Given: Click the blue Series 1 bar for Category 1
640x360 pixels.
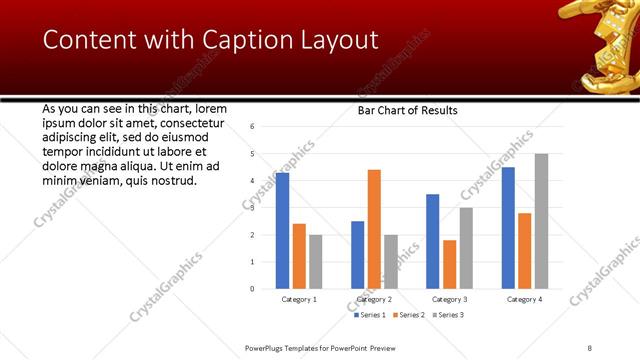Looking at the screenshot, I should click(x=282, y=230).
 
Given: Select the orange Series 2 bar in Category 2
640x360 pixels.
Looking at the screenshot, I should click(x=374, y=229).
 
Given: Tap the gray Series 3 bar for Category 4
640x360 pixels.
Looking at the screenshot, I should click(x=541, y=221).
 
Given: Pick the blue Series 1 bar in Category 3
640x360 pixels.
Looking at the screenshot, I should click(x=433, y=241).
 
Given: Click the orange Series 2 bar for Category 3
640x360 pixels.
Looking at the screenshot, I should click(x=449, y=264).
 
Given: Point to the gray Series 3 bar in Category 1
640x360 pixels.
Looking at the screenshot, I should click(x=315, y=261).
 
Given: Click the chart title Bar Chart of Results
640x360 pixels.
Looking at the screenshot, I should click(x=408, y=110).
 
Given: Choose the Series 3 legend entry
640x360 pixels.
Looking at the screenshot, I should click(x=447, y=315).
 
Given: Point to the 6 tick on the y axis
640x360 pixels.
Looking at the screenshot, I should click(x=252, y=126).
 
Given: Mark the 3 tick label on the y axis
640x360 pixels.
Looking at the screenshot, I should click(x=252, y=207).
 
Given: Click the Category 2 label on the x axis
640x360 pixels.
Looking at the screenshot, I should click(x=374, y=299).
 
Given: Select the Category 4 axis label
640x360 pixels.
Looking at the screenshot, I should click(x=524, y=299).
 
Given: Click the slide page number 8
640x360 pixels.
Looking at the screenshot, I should click(x=590, y=347).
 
